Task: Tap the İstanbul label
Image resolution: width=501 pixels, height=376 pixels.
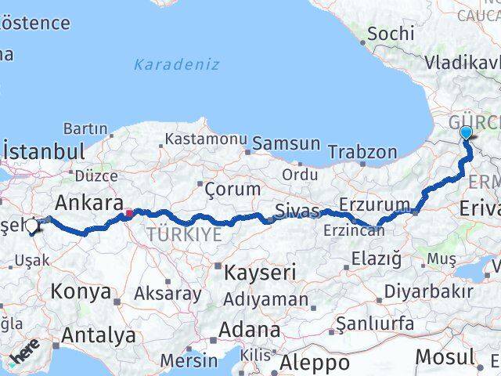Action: (x=45, y=151)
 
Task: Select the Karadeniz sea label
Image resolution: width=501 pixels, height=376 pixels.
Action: (x=176, y=64)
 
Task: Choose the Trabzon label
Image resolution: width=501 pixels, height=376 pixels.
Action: (x=362, y=152)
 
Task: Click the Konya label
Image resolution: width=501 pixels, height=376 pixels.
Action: (x=81, y=292)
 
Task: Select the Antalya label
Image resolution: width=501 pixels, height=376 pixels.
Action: (x=98, y=336)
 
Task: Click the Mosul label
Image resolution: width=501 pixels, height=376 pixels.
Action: (x=444, y=356)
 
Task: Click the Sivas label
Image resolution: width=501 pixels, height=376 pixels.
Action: (x=297, y=211)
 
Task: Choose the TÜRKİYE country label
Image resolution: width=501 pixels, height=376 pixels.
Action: (x=183, y=233)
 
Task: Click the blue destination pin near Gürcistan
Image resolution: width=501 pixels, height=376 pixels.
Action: (x=467, y=133)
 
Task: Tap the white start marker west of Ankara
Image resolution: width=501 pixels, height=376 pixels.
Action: (x=32, y=227)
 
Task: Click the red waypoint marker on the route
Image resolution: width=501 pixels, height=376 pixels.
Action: (x=128, y=211)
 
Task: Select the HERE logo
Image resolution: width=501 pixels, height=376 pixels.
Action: (x=24, y=354)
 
